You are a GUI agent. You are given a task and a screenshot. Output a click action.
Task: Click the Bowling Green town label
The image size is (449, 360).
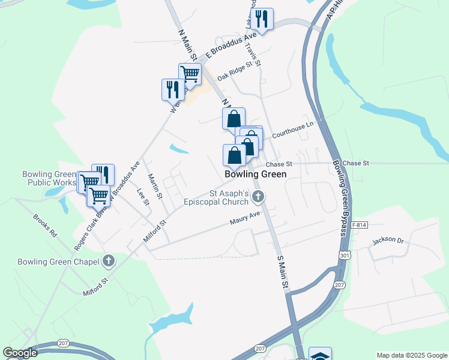pyautogui.click(x=255, y=174)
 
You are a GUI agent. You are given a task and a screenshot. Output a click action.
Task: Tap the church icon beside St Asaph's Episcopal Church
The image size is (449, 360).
pyautogui.click(x=259, y=196)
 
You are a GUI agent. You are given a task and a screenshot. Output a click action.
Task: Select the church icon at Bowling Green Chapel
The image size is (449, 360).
pyautogui.click(x=108, y=261)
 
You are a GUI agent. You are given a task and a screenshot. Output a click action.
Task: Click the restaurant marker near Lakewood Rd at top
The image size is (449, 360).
pyautogui.click(x=261, y=19)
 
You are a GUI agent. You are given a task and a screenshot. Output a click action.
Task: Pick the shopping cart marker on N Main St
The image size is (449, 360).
pyautogui.click(x=190, y=74)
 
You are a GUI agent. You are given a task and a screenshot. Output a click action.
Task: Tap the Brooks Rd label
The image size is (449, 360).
pyautogui.click(x=44, y=225)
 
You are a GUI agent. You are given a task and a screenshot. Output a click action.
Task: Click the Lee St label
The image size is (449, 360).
pyautogui.click(x=143, y=197)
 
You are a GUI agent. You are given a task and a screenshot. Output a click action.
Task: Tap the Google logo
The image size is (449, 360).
pyautogui.click(x=20, y=353)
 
